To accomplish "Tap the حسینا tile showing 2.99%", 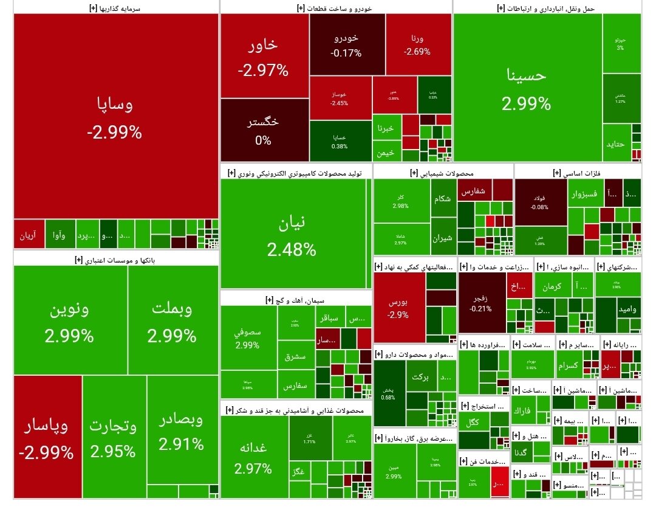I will (x=527, y=88).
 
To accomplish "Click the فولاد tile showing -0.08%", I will (x=540, y=202).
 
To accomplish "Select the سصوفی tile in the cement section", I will (x=248, y=338).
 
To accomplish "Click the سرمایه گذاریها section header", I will (x=115, y=8).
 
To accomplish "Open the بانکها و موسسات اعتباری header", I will (x=115, y=260).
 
